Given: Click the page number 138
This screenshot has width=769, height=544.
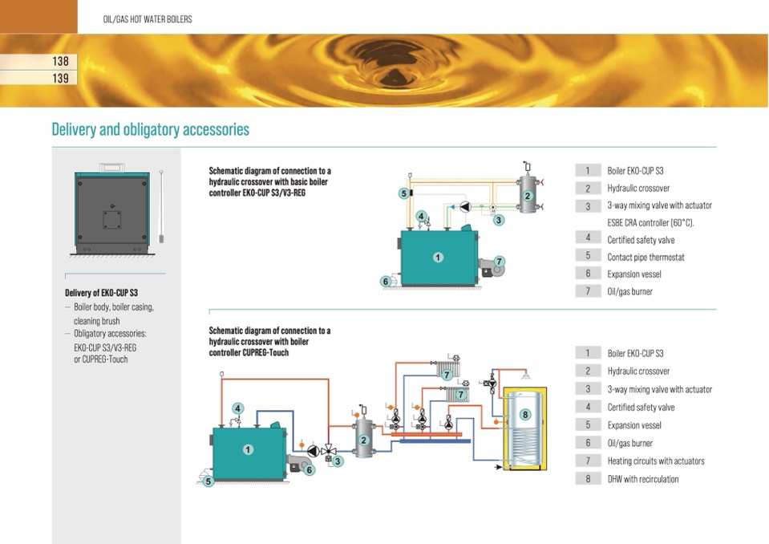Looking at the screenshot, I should pos(60,61).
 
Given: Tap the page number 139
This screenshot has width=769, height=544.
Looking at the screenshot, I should pos(60,79).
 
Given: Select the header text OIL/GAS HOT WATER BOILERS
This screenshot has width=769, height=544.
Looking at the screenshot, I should pos(148,18).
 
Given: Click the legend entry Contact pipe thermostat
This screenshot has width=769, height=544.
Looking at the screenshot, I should pos(646,257).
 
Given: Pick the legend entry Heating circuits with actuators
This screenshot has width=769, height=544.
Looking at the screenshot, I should pos(655,461).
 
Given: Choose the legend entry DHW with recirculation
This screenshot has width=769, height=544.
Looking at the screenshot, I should pos(642,479).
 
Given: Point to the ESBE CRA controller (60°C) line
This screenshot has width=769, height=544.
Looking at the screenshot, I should pos(650,222).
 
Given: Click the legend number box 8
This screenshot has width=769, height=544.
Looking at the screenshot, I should pos(588,479).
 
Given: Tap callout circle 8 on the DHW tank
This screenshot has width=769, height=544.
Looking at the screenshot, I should pos(525,415).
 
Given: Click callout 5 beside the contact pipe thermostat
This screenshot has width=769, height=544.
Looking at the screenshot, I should pos(404,193).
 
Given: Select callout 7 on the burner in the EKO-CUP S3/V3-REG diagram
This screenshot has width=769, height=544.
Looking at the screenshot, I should pos(499,262).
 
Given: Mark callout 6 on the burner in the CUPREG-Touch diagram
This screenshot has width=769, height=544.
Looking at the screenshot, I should pos(310,470).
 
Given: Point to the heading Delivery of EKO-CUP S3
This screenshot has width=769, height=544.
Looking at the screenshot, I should pos(101,293).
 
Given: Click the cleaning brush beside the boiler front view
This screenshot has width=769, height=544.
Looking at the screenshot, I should pos(161,205).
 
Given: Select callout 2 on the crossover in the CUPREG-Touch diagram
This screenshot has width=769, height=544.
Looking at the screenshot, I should pos(363,440).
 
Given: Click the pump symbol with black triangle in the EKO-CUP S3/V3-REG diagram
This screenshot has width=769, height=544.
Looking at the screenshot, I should pos(464,206).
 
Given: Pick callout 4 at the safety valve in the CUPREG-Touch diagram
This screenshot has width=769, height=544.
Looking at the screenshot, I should pos(237,408).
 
